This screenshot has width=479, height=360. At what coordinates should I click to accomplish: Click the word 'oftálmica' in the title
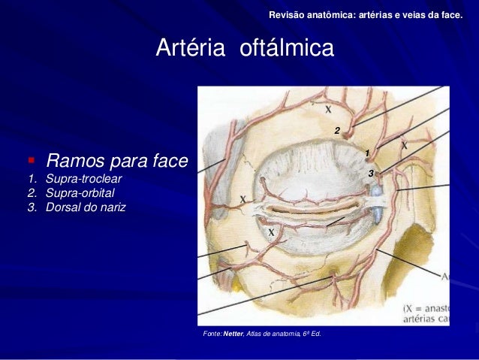point(287,49)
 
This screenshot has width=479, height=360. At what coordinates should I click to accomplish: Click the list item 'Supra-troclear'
point(83,180)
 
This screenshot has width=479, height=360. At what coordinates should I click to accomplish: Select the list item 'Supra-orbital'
point(80,193)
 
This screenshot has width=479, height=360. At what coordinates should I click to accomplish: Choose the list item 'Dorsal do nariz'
point(86,207)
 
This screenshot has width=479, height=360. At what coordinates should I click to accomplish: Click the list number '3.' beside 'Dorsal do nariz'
point(32,207)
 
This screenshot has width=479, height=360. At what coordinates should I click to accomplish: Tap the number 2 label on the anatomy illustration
point(337,131)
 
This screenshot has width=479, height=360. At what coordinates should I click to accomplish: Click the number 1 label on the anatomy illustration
point(367,154)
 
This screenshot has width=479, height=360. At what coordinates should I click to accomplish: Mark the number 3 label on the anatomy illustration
point(370,174)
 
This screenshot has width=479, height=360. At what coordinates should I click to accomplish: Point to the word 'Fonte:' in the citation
point(207,333)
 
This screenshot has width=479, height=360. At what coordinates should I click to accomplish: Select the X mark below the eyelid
point(270,233)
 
